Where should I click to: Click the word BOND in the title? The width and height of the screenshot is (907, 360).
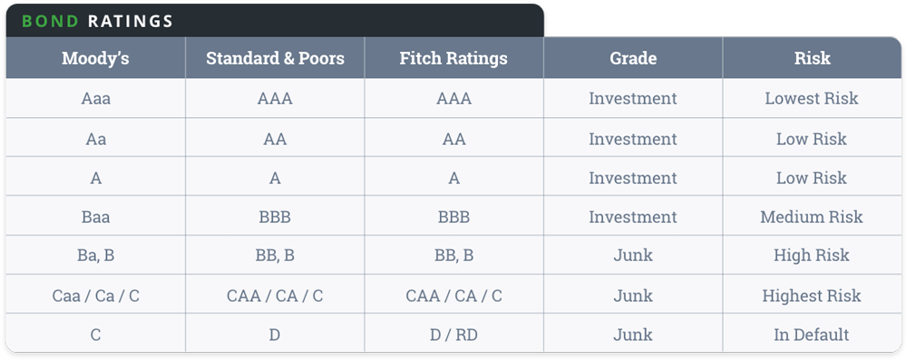(x=51, y=21)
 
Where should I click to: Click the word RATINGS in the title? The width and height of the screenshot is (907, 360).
(x=131, y=21)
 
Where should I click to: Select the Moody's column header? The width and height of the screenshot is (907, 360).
(x=95, y=59)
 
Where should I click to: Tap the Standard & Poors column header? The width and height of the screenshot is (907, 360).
(x=275, y=59)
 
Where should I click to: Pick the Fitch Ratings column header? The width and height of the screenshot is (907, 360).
(x=453, y=59)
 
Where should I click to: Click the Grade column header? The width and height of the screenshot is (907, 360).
(x=633, y=59)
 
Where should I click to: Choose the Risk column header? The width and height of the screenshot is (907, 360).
(x=812, y=59)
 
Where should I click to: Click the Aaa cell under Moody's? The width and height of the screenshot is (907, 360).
(x=95, y=99)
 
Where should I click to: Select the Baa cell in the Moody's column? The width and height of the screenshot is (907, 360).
(x=95, y=217)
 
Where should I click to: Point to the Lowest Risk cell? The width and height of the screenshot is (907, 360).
(x=812, y=99)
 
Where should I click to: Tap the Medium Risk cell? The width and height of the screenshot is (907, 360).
(x=812, y=217)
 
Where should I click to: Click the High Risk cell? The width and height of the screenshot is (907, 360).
(x=812, y=256)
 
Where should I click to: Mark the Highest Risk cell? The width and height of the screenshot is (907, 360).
(x=812, y=296)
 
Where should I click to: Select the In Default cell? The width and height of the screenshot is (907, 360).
(x=812, y=335)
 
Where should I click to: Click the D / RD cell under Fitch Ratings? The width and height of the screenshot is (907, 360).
(x=453, y=335)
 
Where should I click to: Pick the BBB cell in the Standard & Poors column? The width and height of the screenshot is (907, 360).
(x=275, y=217)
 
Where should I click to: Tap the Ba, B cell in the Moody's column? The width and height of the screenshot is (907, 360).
(x=95, y=256)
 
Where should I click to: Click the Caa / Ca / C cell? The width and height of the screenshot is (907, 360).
(x=95, y=296)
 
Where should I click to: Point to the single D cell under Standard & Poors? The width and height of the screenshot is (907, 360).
(x=275, y=335)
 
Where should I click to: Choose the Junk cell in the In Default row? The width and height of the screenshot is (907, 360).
(x=633, y=335)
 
